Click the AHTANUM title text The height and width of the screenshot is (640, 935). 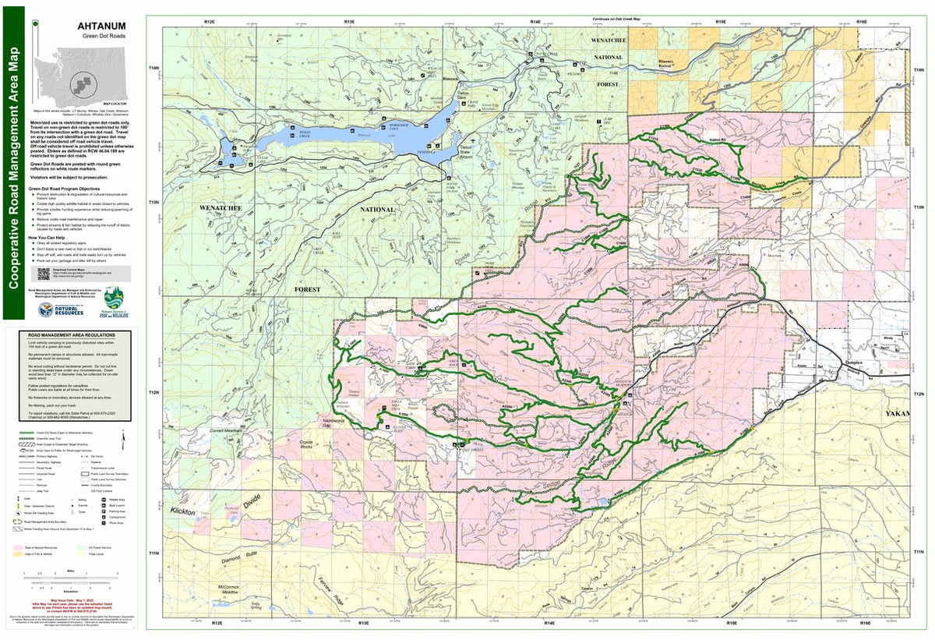tap(101, 26)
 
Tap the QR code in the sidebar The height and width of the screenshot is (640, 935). tap(44, 274)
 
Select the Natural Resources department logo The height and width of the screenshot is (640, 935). tap(62, 306)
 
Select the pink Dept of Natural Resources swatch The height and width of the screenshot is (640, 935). tap(17, 547)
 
